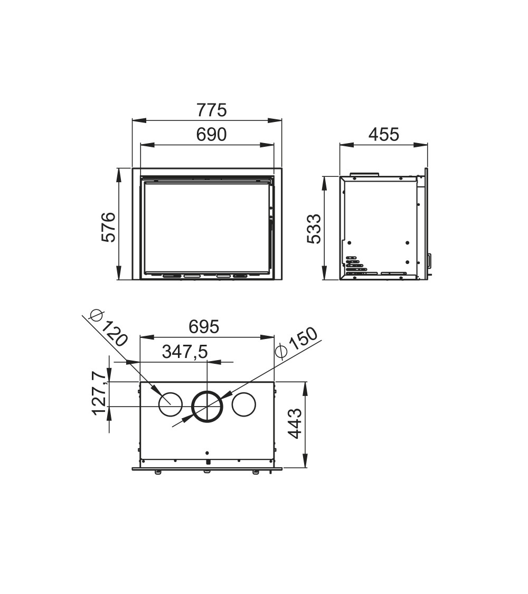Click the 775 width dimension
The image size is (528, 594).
click(x=211, y=110)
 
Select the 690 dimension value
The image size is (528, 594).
click(x=211, y=135)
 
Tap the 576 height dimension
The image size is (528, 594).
click(x=108, y=227)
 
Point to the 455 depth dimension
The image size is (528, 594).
click(x=384, y=135)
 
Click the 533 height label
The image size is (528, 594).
click(x=314, y=229)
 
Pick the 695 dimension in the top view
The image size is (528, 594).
click(x=204, y=327)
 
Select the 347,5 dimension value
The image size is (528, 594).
click(x=185, y=352)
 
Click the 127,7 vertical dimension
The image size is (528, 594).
click(x=99, y=393)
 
